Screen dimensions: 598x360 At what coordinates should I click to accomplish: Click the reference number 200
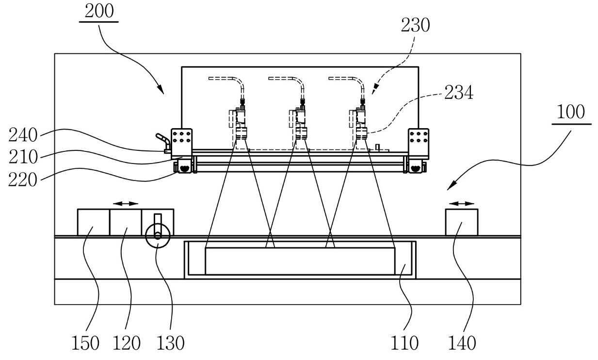pyautogui.click(x=99, y=11)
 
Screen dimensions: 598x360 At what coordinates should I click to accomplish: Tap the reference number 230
pyautogui.click(x=415, y=25)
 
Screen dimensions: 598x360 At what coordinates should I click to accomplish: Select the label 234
pyautogui.click(x=459, y=93)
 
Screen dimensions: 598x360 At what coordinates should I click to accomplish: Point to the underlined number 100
pyautogui.click(x=571, y=112)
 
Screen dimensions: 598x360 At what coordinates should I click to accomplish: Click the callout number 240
pyautogui.click(x=23, y=135)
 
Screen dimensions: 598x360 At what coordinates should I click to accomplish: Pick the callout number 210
pyautogui.click(x=23, y=157)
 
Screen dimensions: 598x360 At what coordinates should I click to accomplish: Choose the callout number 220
pyautogui.click(x=23, y=180)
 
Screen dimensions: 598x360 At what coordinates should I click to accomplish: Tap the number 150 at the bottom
pyautogui.click(x=85, y=343)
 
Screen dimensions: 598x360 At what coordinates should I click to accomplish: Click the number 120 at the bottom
pyautogui.click(x=127, y=343)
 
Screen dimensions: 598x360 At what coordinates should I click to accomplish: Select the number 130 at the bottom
pyautogui.click(x=170, y=343)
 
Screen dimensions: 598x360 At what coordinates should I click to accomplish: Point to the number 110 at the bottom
pyautogui.click(x=404, y=343)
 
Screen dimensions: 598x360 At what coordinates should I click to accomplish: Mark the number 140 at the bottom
pyautogui.click(x=462, y=343)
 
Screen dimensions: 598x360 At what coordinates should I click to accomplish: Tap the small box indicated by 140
pyautogui.click(x=462, y=222)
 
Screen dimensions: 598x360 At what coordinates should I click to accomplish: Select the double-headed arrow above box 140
pyautogui.click(x=462, y=204)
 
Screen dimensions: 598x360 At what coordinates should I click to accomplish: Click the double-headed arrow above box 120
pyautogui.click(x=126, y=204)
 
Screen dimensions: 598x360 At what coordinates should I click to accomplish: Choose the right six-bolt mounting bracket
pyautogui.click(x=419, y=144)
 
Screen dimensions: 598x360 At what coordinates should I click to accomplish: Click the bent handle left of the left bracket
pyautogui.click(x=163, y=141)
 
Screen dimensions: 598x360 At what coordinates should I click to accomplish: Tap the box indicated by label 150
pyautogui.click(x=94, y=222)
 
